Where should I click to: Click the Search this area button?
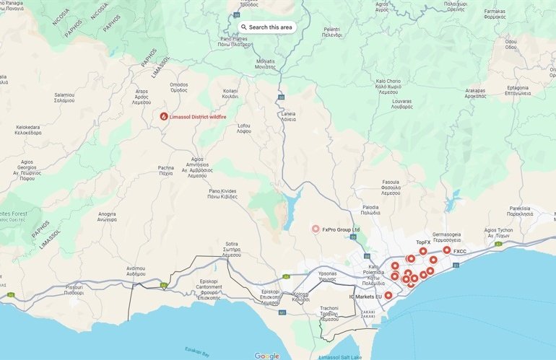[x=266, y=27]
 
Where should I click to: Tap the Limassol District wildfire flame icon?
[x=164, y=116]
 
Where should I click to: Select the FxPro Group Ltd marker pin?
[x=316, y=229]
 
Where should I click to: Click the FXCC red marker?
[x=447, y=250]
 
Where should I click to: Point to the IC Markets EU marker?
[x=388, y=295]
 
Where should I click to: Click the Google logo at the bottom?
[x=266, y=356]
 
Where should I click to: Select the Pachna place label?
[x=166, y=171]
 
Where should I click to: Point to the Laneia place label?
[x=288, y=117]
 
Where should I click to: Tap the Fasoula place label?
[x=390, y=185]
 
